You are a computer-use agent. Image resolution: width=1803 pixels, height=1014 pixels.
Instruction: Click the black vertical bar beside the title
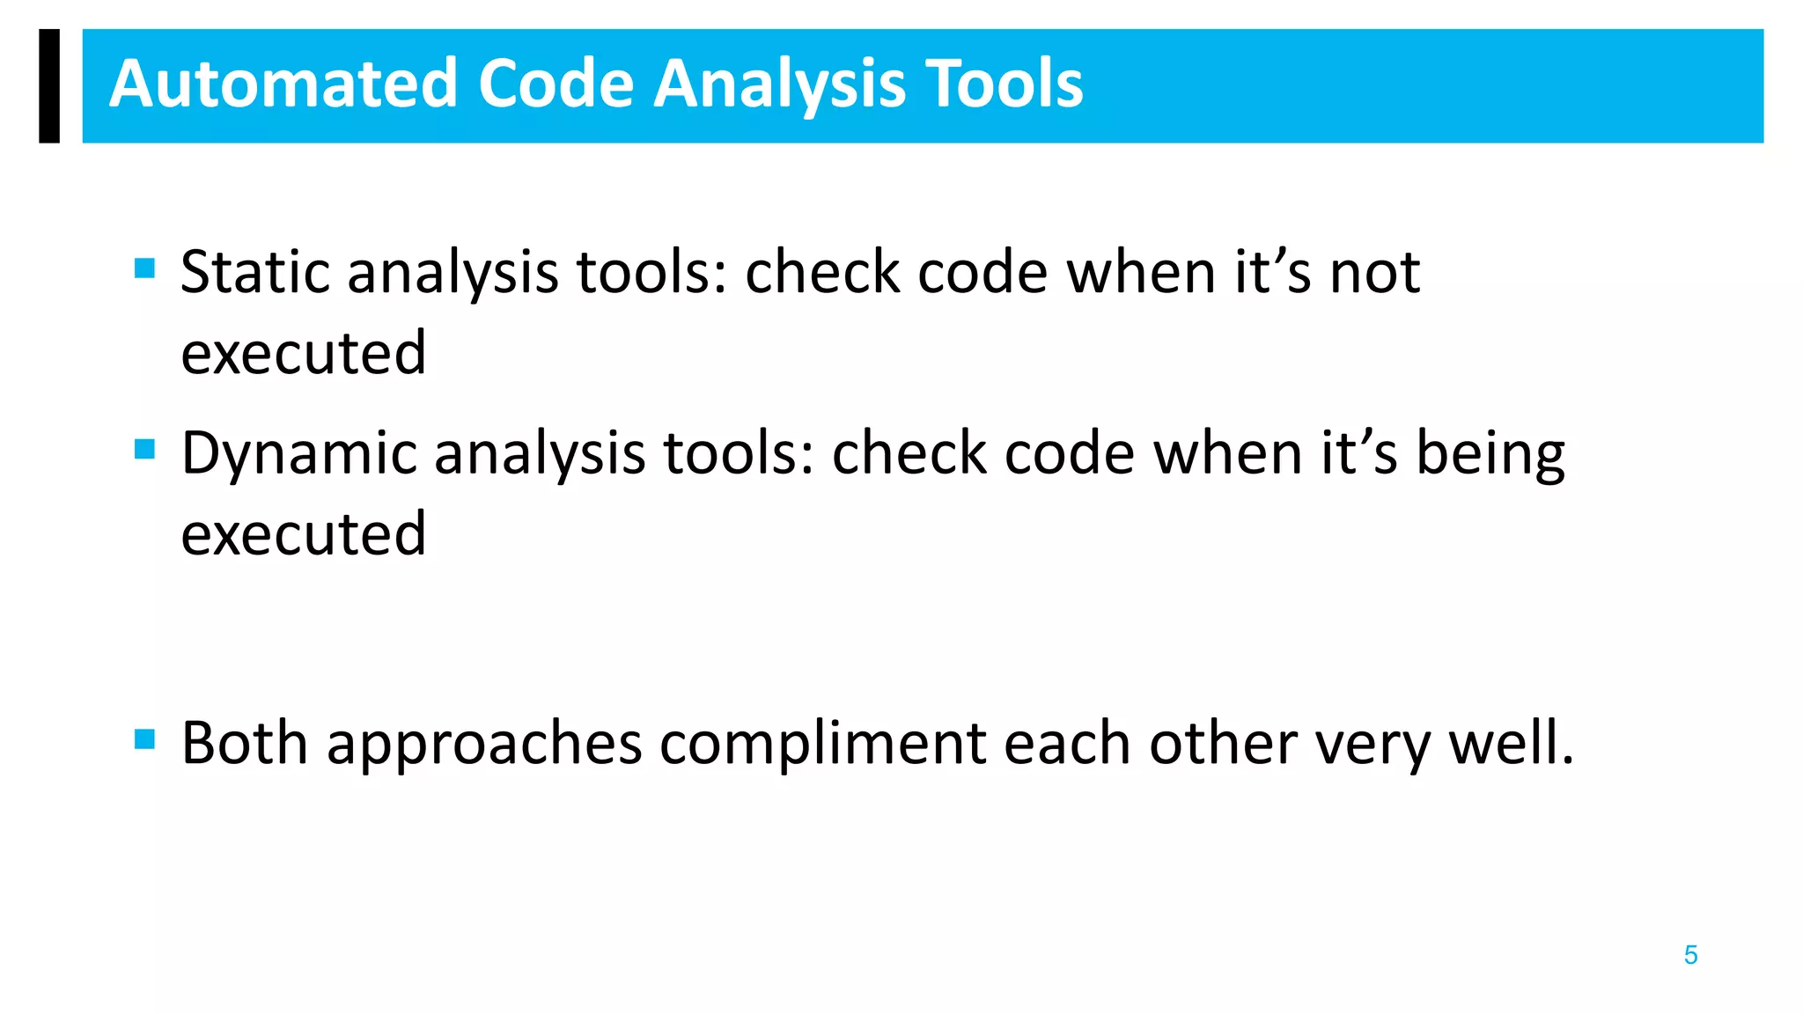(49, 85)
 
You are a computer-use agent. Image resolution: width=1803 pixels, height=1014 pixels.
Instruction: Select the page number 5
(1690, 955)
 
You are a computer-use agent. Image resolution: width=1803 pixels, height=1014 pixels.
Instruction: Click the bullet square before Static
(145, 268)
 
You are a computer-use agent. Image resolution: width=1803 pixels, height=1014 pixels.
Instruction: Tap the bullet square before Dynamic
(145, 449)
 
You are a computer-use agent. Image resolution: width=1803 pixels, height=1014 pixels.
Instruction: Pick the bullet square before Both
(145, 738)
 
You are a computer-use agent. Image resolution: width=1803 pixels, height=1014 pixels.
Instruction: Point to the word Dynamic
(298, 454)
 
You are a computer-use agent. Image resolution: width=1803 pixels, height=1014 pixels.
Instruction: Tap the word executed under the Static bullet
(304, 353)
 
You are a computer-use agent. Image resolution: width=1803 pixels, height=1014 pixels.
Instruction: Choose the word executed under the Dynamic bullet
(304, 534)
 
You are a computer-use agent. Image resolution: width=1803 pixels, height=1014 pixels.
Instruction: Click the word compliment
(822, 744)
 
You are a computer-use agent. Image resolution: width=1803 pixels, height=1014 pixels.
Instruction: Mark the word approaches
(485, 744)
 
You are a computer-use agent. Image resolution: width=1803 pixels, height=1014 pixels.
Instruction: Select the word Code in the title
(556, 84)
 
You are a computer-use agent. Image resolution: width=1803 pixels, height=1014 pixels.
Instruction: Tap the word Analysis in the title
(779, 84)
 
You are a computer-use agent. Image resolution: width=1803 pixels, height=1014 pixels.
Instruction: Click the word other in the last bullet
(1223, 744)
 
